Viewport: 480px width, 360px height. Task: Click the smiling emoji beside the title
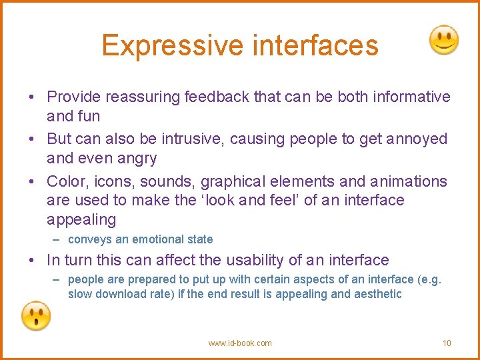443,41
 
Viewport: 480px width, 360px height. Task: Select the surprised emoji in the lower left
36,315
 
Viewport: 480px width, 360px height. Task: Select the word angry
136,159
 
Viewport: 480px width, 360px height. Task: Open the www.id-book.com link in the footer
240,343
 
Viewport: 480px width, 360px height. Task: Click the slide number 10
447,343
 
